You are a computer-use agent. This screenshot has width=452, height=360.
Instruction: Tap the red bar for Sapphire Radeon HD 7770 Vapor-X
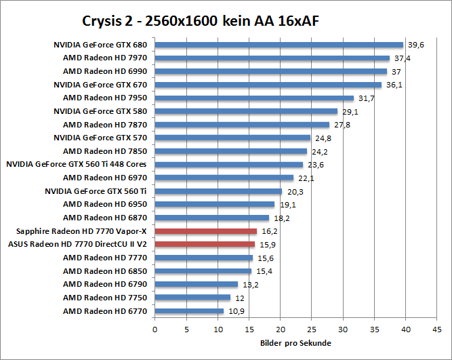coord(205,231)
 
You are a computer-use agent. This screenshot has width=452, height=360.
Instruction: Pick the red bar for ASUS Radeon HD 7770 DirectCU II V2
coord(205,244)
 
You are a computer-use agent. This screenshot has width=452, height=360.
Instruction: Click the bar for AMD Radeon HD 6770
coord(189,311)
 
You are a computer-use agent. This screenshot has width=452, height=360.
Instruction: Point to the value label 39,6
coord(415,45)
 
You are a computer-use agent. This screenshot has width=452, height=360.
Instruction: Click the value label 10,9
coord(235,311)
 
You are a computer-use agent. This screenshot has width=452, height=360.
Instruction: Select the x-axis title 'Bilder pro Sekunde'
coord(295,343)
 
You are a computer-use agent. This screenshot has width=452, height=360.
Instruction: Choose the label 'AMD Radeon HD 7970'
coord(105,58)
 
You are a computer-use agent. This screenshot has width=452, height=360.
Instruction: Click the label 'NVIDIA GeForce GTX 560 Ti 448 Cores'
coord(77,164)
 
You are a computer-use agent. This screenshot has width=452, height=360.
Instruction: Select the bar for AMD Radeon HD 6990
coord(270,71)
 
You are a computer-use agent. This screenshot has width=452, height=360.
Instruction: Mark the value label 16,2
coord(268,231)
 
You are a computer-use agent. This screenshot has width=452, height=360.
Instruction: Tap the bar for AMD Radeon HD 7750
coord(192,298)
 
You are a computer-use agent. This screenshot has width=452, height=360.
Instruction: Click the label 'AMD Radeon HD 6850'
coord(105,271)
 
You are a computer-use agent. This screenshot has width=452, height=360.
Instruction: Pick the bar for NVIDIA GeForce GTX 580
coord(246,111)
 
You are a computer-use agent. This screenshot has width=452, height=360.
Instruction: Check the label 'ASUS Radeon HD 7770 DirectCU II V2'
coord(77,244)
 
